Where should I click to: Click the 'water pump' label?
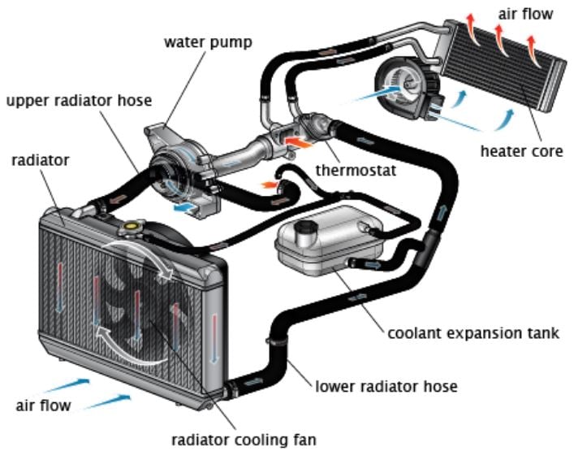(x=208, y=42)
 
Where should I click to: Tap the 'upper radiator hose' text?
(x=79, y=101)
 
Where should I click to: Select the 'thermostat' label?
(x=356, y=171)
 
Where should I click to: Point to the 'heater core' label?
(x=522, y=151)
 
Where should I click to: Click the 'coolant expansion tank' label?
(x=473, y=333)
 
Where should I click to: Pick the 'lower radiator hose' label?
(x=386, y=386)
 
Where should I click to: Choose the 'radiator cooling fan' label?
(x=244, y=440)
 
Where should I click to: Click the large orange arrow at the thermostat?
(x=298, y=142)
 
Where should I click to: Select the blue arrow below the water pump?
(x=184, y=208)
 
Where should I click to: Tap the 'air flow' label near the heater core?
(x=525, y=14)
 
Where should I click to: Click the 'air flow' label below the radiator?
(x=43, y=406)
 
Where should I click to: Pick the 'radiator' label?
(x=41, y=160)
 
